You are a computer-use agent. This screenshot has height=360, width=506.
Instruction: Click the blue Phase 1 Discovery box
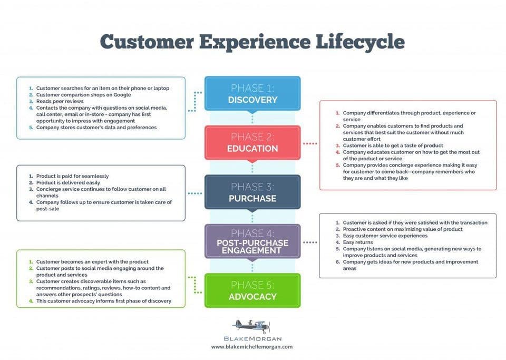[x=252, y=93]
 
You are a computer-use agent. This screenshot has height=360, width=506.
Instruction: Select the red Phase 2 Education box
[x=252, y=142]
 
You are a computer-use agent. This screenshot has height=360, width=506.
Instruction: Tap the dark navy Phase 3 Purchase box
[x=252, y=192]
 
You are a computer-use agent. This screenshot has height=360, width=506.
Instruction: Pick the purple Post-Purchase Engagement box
[x=252, y=241]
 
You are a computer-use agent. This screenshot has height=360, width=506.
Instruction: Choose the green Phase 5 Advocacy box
[x=252, y=290]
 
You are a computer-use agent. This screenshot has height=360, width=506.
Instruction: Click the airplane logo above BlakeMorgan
[x=251, y=325]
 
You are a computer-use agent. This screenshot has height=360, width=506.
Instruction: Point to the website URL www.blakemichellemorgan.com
[x=251, y=347]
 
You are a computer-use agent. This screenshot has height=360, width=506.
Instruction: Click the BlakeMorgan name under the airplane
[x=251, y=338]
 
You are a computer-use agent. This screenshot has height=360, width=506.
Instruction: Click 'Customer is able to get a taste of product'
[x=393, y=145]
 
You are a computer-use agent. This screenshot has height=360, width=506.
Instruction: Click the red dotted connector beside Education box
[x=310, y=143]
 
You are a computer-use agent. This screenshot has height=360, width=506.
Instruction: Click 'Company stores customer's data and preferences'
[x=96, y=128]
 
